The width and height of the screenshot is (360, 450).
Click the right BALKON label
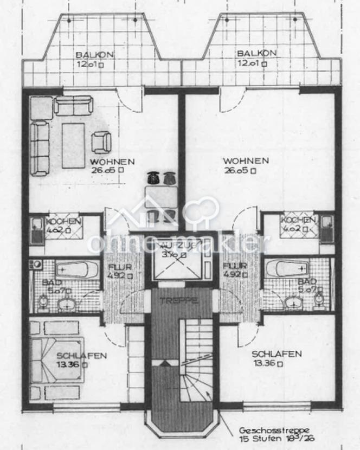[x=256, y=53]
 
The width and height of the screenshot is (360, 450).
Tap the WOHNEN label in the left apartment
[x=112, y=162]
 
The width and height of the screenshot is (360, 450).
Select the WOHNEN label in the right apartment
[x=246, y=160]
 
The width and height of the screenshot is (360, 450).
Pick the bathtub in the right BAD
[x=286, y=268]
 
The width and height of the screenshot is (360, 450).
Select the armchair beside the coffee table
[x=101, y=142]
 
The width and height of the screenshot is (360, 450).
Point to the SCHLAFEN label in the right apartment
[x=277, y=353]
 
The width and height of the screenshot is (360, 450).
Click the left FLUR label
[x=117, y=266]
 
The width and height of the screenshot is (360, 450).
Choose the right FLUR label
[x=235, y=266]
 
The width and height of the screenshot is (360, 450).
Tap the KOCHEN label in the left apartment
[x=63, y=221]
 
